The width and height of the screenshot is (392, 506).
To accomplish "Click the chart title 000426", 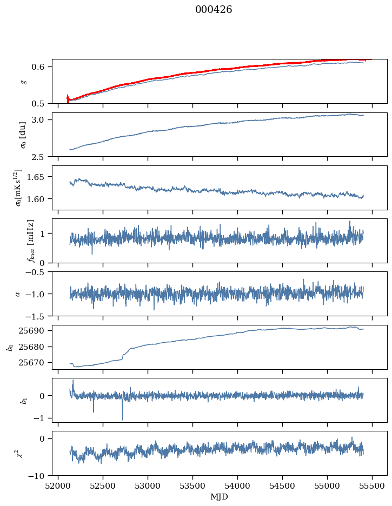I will (214, 10).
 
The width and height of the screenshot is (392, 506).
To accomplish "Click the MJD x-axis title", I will (219, 496).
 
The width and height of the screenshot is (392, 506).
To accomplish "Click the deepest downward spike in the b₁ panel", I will (122, 419).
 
